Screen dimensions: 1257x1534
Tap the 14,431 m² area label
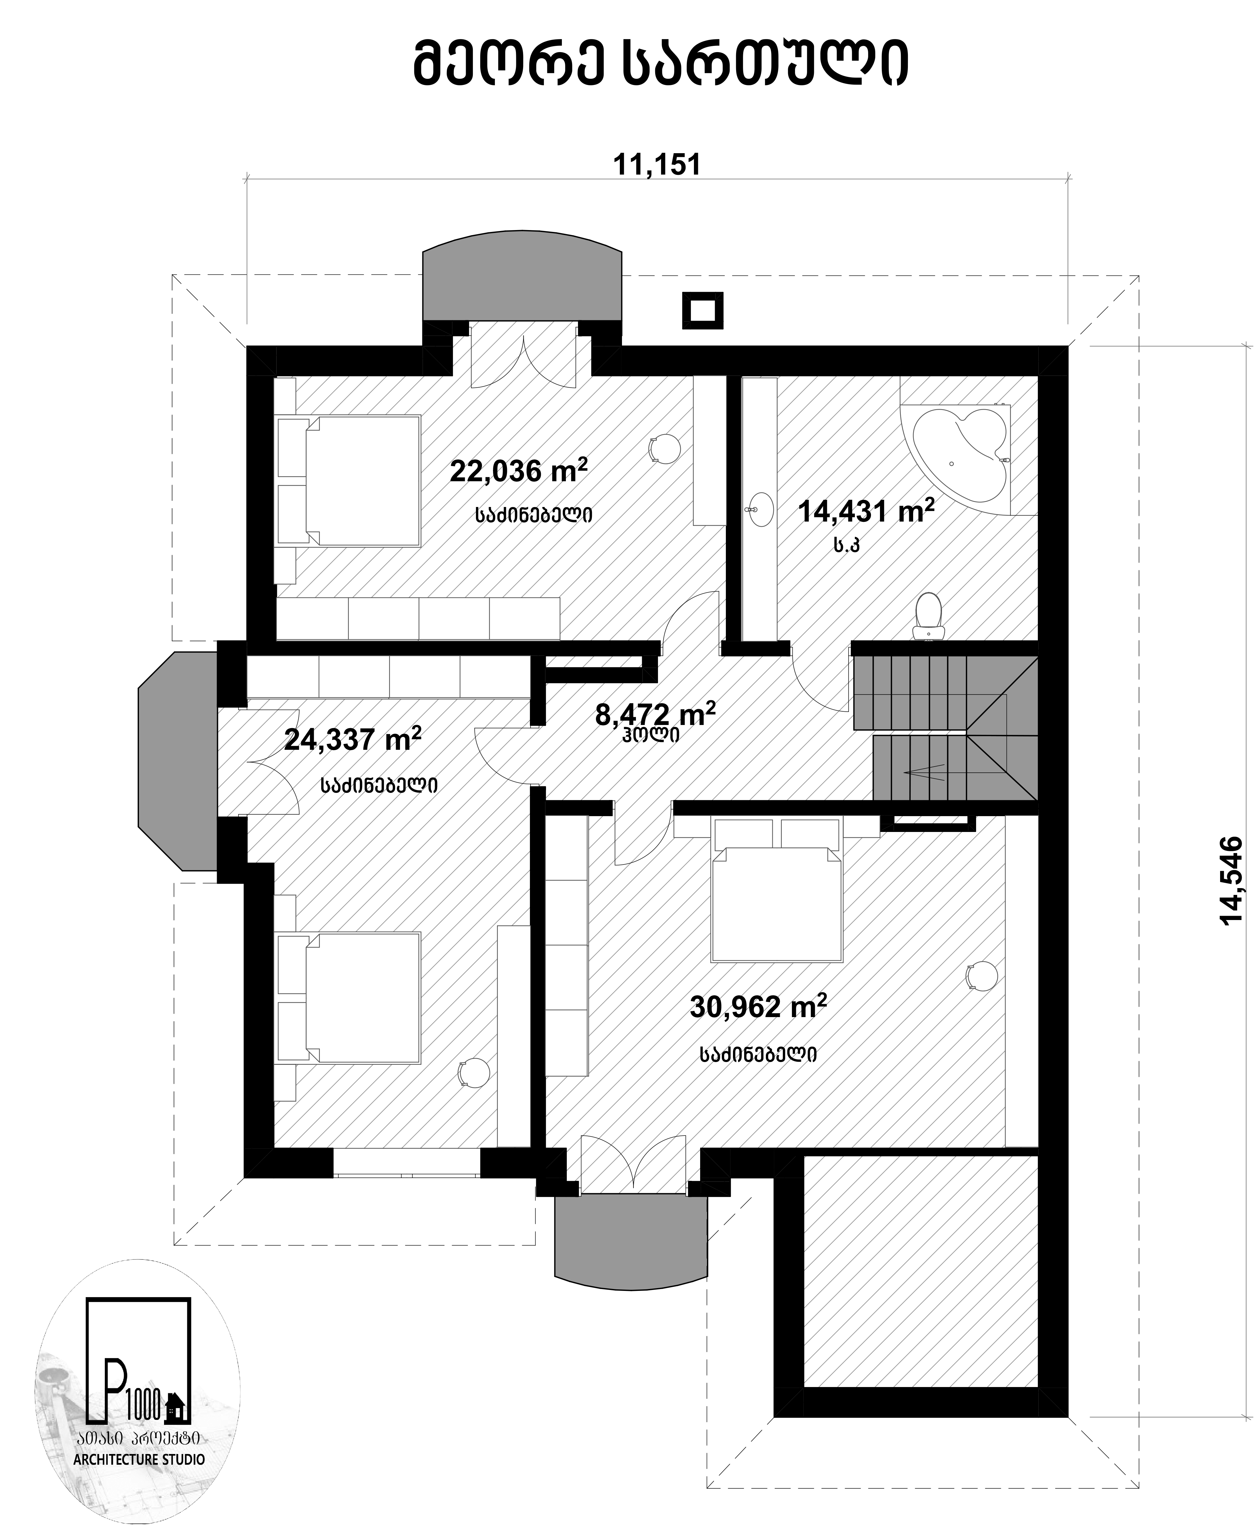(x=866, y=511)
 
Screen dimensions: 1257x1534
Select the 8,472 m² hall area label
(x=656, y=714)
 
